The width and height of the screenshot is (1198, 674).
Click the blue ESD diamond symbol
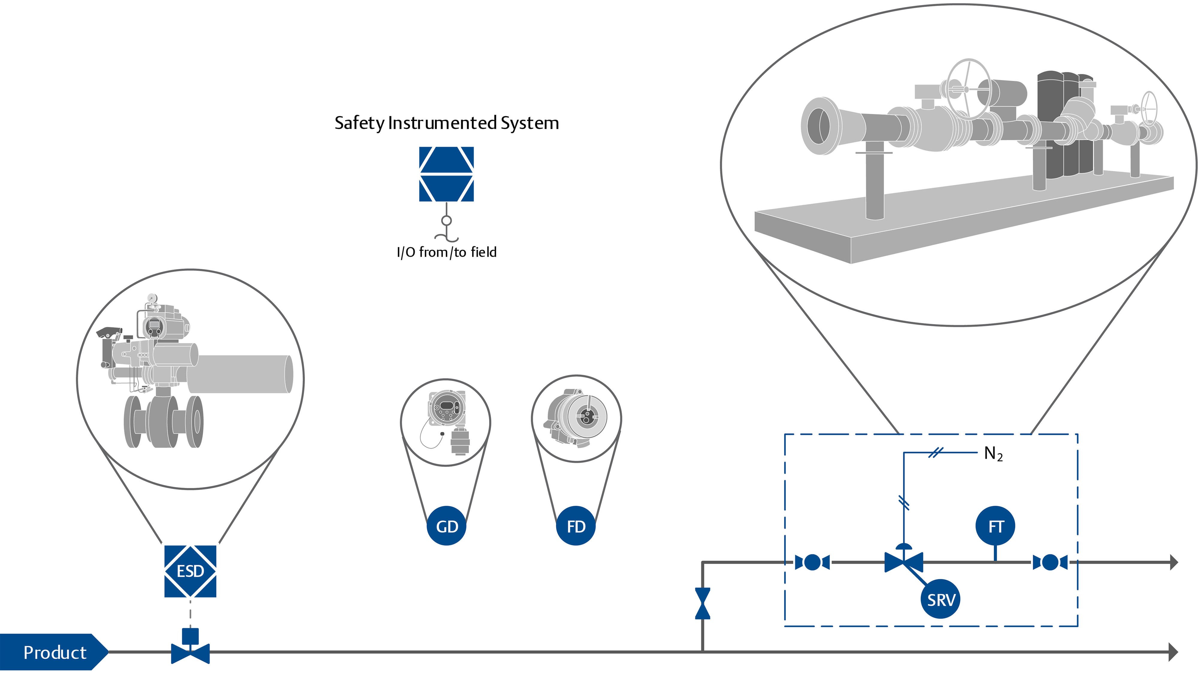tap(190, 571)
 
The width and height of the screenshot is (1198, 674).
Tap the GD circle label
tap(447, 526)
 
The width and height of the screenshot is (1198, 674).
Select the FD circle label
tap(576, 526)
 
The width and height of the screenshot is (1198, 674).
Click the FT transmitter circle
tap(995, 526)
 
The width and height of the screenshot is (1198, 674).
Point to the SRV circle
tap(941, 599)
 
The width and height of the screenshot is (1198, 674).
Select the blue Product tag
tap(54, 652)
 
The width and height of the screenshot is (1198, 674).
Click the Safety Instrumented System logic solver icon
tap(447, 174)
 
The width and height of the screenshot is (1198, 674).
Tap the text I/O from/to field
tap(447, 252)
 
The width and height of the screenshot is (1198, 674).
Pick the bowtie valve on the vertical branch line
tap(703, 603)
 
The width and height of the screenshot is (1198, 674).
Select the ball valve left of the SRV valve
tap(812, 562)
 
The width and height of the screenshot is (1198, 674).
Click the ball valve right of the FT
tap(1050, 562)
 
